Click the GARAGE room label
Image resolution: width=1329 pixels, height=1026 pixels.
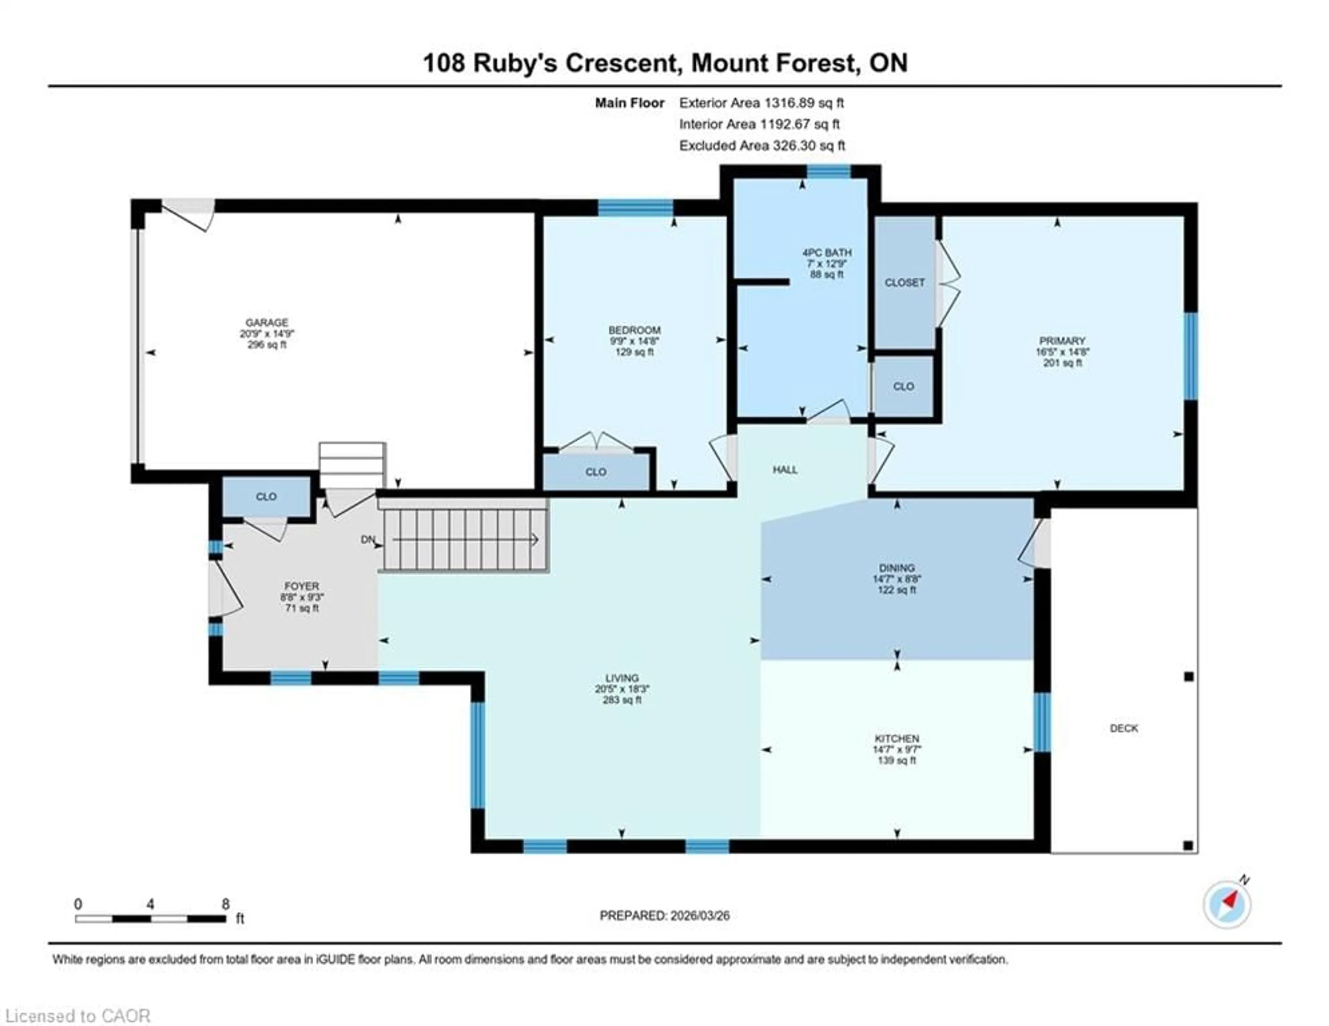(266, 323)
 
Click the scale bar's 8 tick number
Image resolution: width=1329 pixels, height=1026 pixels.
(225, 904)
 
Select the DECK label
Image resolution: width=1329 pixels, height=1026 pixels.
(1123, 728)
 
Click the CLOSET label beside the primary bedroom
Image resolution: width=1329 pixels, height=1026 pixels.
(904, 283)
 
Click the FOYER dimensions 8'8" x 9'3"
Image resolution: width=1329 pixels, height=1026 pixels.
(302, 597)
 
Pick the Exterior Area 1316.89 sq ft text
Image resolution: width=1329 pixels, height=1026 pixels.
(761, 103)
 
